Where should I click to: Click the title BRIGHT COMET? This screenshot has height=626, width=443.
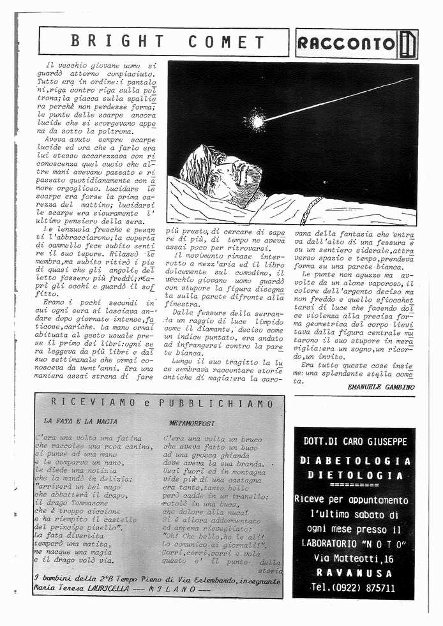click(x=167, y=42)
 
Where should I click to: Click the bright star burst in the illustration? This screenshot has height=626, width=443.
click(x=257, y=119)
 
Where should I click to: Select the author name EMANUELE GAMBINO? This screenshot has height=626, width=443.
click(x=381, y=387)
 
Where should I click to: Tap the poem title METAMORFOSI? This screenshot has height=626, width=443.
click(x=192, y=422)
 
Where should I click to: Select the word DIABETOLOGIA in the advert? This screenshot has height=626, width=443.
click(x=356, y=461)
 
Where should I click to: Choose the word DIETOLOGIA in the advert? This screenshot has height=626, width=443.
click(x=355, y=475)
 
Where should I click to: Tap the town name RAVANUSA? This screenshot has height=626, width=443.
click(x=354, y=573)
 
